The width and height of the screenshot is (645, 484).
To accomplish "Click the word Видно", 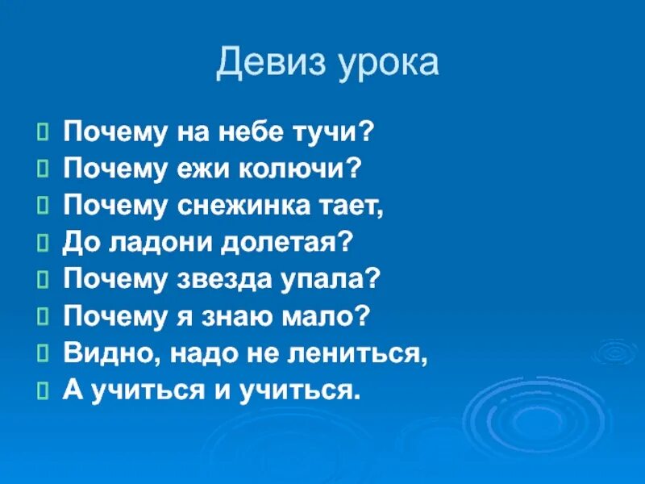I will coord(101,354).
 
